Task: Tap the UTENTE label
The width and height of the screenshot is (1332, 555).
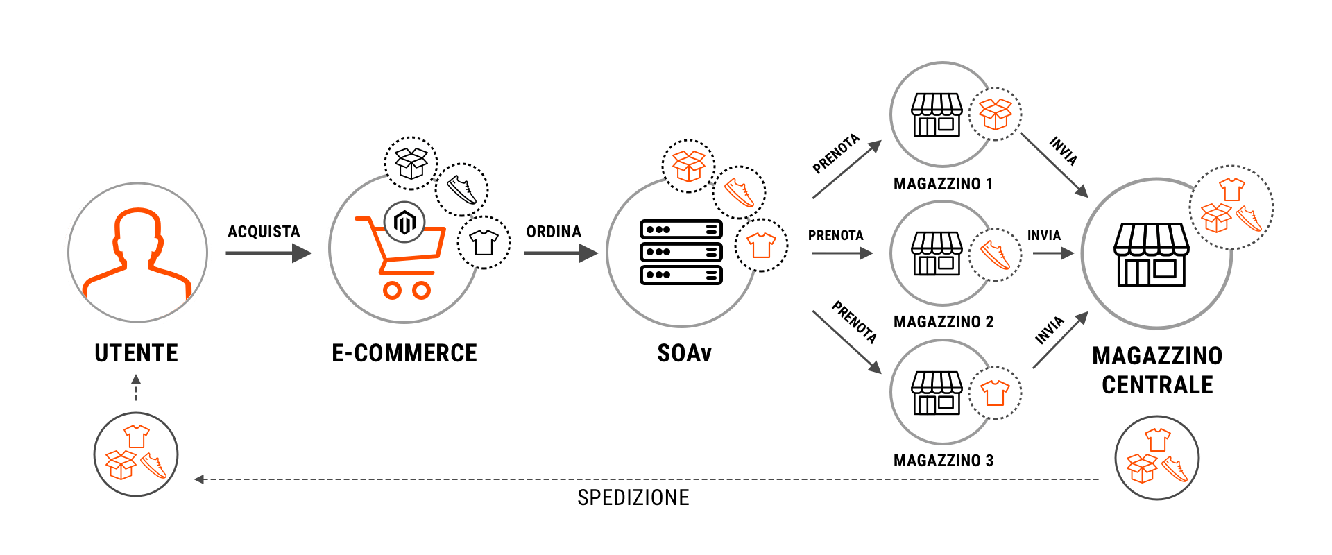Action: click(137, 353)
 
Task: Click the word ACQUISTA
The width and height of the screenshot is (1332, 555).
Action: click(264, 232)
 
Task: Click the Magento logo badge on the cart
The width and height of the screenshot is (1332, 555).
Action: click(404, 223)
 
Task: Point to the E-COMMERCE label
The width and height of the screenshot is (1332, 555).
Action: click(404, 353)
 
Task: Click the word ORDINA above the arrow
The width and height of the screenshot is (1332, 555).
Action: click(554, 232)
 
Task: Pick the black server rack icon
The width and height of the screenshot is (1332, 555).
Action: click(681, 252)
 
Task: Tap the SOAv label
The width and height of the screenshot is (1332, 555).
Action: click(684, 353)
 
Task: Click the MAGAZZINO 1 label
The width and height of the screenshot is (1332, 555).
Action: click(943, 184)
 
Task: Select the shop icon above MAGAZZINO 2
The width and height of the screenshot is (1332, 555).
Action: click(936, 253)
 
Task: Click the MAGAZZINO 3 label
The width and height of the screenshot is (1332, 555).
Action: click(943, 461)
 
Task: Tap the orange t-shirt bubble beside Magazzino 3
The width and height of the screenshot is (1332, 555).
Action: click(995, 393)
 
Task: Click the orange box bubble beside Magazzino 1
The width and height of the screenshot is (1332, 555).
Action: click(995, 114)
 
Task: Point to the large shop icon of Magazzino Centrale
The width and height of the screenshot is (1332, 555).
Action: click(1151, 255)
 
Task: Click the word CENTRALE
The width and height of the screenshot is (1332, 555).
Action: click(1157, 385)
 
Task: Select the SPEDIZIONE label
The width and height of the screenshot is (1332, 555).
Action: click(633, 497)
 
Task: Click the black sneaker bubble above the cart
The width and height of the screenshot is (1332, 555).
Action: click(461, 189)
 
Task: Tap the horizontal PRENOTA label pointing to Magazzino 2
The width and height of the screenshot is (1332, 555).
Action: click(835, 236)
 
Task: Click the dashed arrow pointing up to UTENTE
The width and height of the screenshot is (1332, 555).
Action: click(136, 388)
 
